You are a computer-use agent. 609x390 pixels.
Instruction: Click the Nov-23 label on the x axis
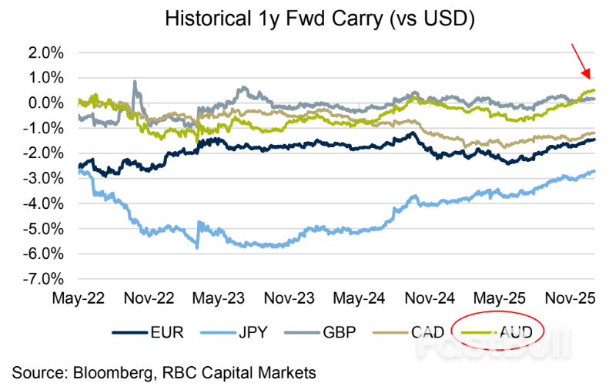(x=287, y=297)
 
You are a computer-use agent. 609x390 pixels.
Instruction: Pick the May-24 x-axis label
(x=357, y=297)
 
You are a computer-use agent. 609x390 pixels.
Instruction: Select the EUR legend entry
(x=162, y=332)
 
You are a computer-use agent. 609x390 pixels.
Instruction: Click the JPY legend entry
(x=252, y=332)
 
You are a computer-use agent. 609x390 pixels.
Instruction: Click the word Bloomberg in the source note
(x=119, y=372)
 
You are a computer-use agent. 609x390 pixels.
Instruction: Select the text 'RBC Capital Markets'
(x=251, y=372)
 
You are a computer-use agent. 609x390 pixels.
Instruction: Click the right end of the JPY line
(x=594, y=171)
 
